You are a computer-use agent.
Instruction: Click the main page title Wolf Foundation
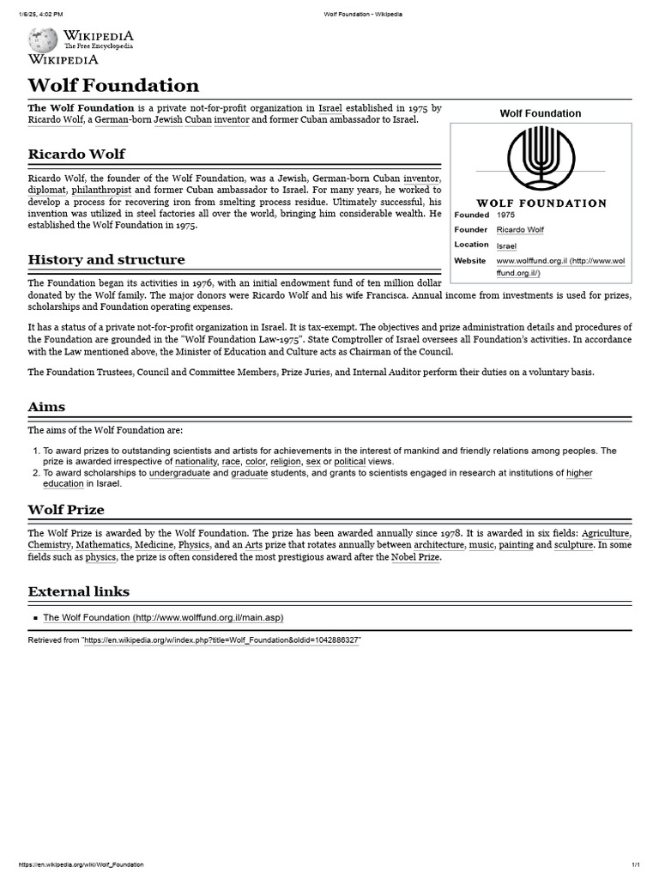(113, 85)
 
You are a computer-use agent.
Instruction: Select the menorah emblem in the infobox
(541, 161)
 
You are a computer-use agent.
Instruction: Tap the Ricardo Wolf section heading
(76, 154)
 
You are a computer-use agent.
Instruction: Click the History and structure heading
(106, 259)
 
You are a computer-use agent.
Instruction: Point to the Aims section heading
(46, 406)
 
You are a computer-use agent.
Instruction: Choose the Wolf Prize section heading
(66, 509)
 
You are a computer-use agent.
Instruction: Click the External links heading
(79, 591)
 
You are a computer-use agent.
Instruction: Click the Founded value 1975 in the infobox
(506, 215)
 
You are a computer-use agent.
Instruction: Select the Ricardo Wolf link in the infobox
(520, 230)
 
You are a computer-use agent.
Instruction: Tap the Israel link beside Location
(506, 246)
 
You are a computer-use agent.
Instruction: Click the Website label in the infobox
(469, 260)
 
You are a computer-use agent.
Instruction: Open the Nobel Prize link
(416, 557)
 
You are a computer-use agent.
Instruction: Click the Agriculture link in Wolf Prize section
(605, 533)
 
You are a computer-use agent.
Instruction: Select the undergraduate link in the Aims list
(178, 473)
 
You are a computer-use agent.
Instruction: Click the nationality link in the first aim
(196, 461)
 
